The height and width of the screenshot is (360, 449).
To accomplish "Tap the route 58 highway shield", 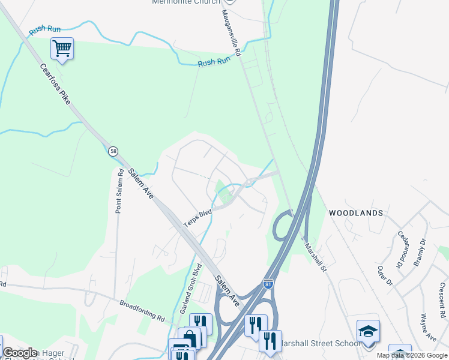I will (x=113, y=151).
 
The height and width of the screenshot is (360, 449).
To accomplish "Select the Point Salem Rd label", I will (x=120, y=191).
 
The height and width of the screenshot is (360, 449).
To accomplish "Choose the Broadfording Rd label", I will (x=142, y=310).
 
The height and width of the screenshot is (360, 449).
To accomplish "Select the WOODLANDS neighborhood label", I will (x=355, y=213).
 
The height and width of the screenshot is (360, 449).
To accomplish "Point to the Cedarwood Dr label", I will (x=400, y=249).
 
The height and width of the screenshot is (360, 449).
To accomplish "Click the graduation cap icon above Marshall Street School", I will (x=368, y=332).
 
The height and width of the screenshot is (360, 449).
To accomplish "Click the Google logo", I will (x=20, y=353).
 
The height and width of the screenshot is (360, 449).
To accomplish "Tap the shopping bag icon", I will (x=189, y=338).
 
